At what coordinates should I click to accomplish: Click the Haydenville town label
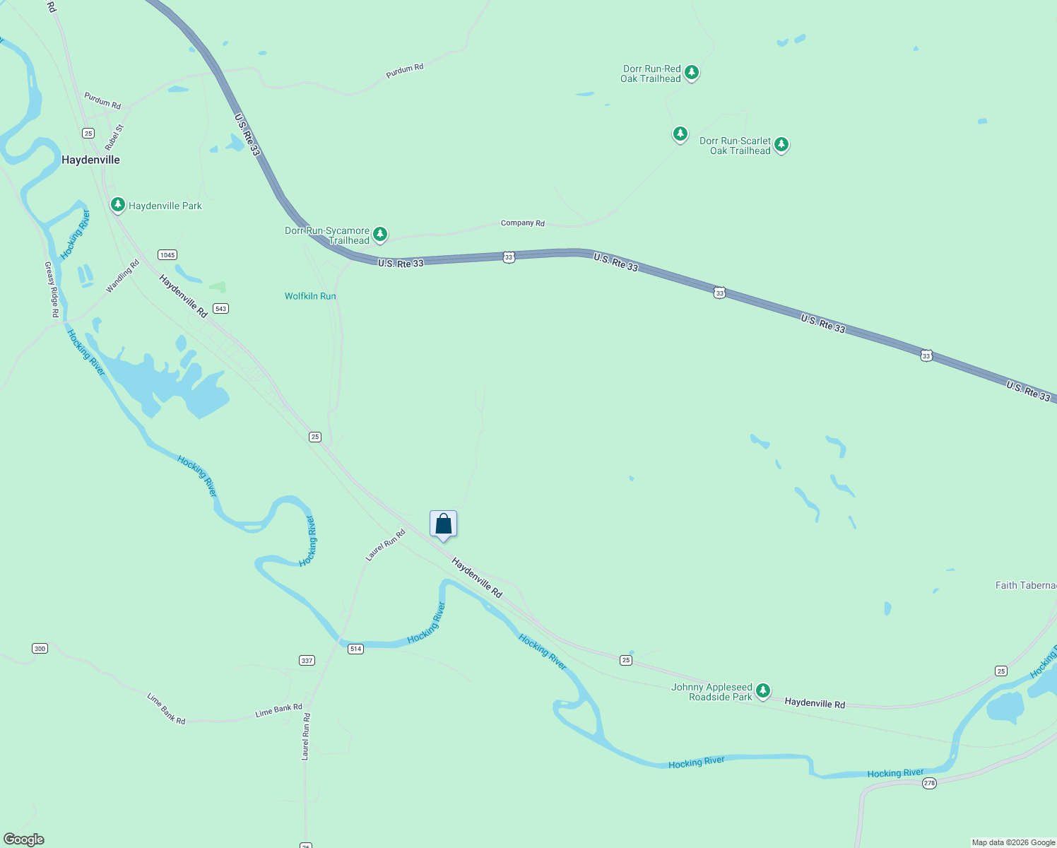(x=90, y=160)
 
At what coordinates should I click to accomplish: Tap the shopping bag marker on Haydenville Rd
(x=443, y=524)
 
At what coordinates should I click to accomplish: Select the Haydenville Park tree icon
(x=118, y=205)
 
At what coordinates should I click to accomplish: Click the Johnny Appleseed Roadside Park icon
(x=762, y=690)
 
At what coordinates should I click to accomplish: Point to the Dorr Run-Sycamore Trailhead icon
(x=380, y=233)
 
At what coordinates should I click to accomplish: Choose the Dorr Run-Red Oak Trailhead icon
(x=692, y=72)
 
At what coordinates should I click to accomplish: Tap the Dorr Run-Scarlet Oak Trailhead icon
(x=781, y=145)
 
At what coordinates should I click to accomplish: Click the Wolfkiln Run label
(x=310, y=296)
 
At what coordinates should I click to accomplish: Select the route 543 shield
(x=221, y=309)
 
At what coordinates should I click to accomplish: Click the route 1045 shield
(x=167, y=255)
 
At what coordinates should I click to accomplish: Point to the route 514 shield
(x=355, y=649)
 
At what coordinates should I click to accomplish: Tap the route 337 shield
(x=307, y=661)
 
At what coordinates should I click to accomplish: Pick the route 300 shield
(x=40, y=649)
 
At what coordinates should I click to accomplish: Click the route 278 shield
(x=929, y=783)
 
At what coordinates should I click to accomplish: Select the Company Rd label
(x=522, y=223)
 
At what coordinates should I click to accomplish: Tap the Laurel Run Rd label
(x=385, y=546)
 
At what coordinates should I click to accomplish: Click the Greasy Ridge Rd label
(x=52, y=289)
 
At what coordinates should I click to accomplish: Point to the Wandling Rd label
(x=122, y=276)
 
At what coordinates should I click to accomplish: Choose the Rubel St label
(x=114, y=137)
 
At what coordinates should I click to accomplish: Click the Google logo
(x=24, y=839)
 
